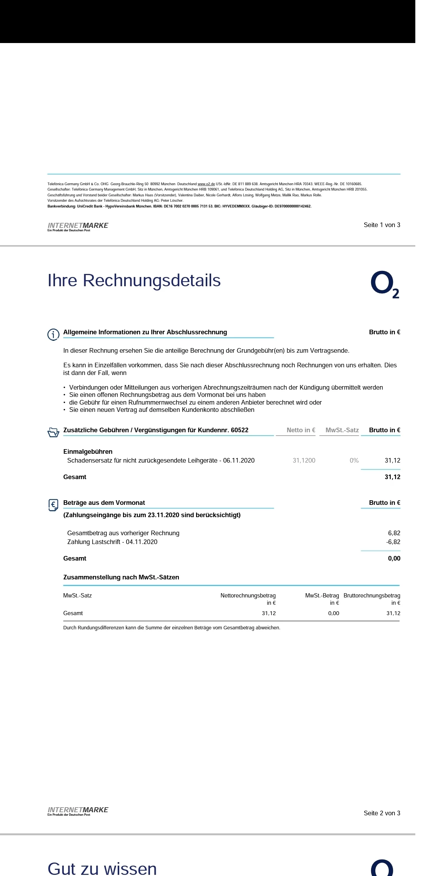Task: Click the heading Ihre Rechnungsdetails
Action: [134, 281]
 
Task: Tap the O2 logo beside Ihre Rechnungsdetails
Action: [384, 284]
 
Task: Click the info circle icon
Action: [53, 335]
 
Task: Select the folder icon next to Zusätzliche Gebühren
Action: [53, 433]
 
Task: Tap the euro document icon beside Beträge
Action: [53, 505]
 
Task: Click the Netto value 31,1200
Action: [304, 461]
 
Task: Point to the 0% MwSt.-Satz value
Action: [354, 461]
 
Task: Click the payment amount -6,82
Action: [393, 542]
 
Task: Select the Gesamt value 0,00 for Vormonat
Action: [394, 559]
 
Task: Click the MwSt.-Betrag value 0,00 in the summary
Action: [333, 614]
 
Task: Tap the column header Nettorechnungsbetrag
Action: [248, 596]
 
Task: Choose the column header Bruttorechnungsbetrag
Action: [371, 596]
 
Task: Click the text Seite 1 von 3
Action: [381, 225]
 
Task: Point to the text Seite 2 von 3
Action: [381, 813]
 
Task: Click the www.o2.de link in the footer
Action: [206, 184]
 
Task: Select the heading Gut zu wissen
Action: [102, 868]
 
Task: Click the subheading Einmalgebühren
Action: [88, 452]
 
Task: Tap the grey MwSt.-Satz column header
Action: [342, 430]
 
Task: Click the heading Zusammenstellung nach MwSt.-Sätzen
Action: [121, 577]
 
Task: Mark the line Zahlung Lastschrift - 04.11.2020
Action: [112, 542]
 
